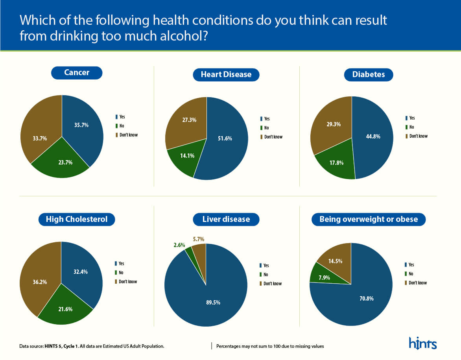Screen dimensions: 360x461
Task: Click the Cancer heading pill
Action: (77, 73)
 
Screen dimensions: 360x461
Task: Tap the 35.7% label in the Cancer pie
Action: (81, 125)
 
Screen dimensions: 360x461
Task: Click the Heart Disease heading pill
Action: (226, 74)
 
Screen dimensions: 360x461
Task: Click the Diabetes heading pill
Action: (369, 74)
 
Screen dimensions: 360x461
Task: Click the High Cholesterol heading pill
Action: (76, 219)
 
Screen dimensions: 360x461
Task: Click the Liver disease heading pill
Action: (226, 219)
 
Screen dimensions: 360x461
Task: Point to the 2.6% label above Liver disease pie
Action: (179, 245)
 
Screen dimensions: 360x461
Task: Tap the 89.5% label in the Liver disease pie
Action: (213, 303)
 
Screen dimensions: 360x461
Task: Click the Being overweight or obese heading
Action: (369, 219)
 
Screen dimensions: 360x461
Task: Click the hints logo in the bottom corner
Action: (423, 343)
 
